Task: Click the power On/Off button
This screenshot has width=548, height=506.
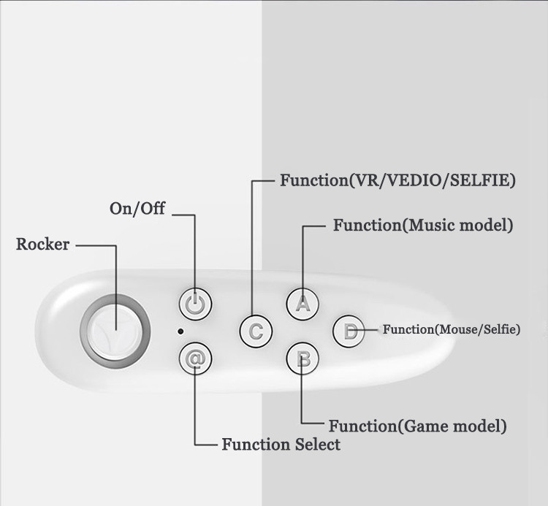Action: (195, 303)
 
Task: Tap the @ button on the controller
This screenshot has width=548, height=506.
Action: (195, 359)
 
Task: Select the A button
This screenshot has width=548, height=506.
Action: (302, 303)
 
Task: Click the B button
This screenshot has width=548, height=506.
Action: (302, 359)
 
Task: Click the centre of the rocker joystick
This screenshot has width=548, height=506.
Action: (115, 331)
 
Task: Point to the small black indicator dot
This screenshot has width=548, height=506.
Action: (180, 331)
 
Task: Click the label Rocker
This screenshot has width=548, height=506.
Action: (42, 244)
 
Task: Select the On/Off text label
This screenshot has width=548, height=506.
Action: (137, 209)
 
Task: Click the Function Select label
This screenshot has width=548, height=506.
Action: (281, 444)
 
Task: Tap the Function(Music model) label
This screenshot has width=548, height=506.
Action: (423, 226)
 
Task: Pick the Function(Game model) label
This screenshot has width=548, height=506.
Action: (417, 426)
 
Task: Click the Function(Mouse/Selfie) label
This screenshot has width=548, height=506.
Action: (452, 330)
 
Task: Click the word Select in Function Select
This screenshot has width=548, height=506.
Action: (316, 444)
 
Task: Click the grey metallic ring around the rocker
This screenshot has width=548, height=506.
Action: (87, 331)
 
